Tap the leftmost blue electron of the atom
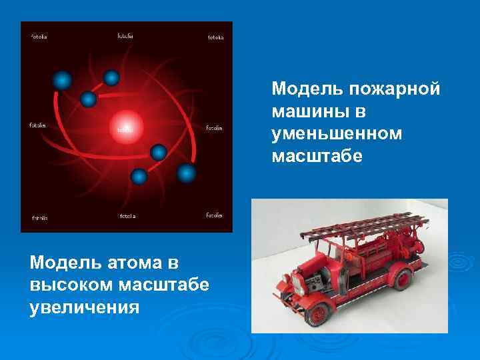pos(62,81)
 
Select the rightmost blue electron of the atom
pos(187,174)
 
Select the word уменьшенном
pos(337,134)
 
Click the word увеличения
pos(84,308)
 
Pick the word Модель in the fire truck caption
pos(305,89)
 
